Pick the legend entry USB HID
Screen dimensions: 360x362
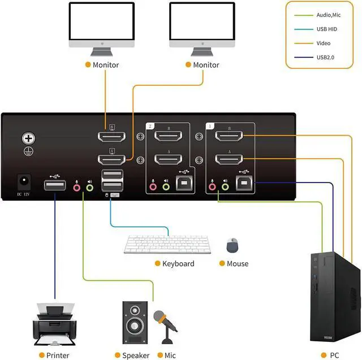326,29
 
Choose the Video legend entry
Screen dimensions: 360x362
323,43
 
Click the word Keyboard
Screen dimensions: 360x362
178,264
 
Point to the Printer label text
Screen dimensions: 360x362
58,355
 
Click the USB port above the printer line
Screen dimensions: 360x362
55,185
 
